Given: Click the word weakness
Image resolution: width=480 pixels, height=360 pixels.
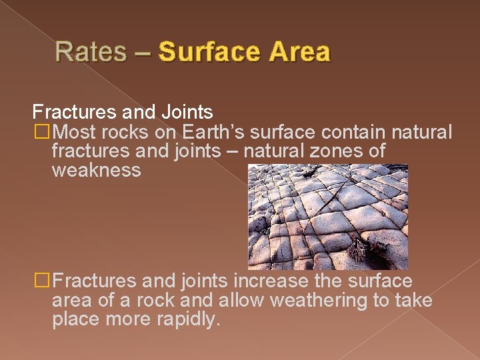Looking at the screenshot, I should click(96, 171).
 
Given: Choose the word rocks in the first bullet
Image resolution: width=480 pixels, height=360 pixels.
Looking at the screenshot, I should click(131, 132).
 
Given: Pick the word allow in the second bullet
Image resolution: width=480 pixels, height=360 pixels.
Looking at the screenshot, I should click(243, 301).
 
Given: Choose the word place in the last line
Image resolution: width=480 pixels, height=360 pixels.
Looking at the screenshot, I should click(75, 321).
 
